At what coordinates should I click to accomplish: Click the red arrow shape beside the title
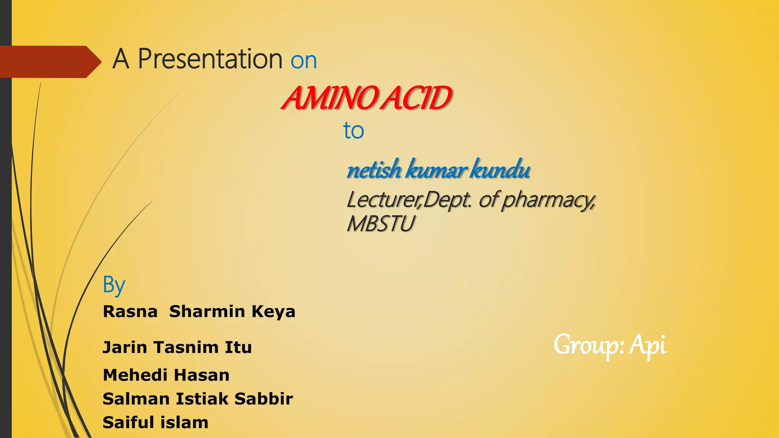[49, 62]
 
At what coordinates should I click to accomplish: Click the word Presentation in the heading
[210, 59]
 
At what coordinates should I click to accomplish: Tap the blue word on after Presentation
[304, 61]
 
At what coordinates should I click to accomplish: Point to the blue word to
[353, 131]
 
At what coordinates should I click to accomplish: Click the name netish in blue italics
[374, 170]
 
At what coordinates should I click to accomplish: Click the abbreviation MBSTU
[380, 224]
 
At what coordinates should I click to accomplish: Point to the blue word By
[114, 285]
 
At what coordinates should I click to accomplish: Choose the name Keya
[273, 312]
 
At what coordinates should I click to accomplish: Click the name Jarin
[125, 348]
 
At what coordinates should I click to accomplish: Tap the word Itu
[238, 348]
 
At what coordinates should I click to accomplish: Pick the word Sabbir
[264, 399]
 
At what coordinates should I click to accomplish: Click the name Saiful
[128, 422]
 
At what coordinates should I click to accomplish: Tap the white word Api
[647, 345]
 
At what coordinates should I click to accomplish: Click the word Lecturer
[383, 200]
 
